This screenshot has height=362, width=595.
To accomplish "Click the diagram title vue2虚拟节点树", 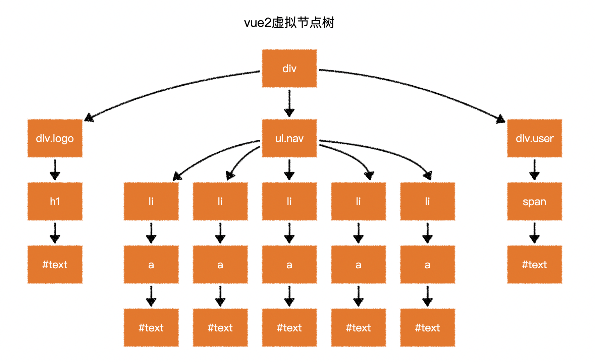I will coord(289,23).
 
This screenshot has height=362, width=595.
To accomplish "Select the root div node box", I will coord(289,69).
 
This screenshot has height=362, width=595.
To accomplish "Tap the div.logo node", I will coord(55,138).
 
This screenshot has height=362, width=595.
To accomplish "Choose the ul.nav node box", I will coord(289,138).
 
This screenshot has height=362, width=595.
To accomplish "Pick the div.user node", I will coord(534,138).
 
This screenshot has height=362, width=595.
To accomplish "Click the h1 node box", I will coord(55,201).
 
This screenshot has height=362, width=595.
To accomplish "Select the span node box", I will coord(534,201).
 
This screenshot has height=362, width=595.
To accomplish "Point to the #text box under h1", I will coord(55,264).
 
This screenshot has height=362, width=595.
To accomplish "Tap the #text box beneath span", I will coord(534,264).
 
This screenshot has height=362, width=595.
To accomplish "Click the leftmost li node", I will coord(151,201).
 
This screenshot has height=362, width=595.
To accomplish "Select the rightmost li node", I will coord(427,201).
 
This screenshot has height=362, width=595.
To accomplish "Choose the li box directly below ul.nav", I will coord(289,201).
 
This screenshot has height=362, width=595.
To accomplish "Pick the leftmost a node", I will coord(151,264).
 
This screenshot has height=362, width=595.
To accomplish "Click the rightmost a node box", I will coord(427,264).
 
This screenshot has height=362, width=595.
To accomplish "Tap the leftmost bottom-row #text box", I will coord(151,327).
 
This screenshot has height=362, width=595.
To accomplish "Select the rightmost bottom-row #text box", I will coord(427,327).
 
